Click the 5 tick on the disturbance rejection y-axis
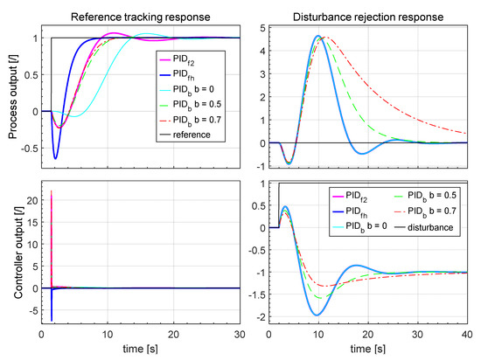tap(260, 27)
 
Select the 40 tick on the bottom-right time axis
tap(466, 334)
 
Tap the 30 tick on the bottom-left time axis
tap(241, 334)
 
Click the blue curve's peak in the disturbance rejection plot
tap(318, 36)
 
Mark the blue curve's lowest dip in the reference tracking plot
tap(56, 158)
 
